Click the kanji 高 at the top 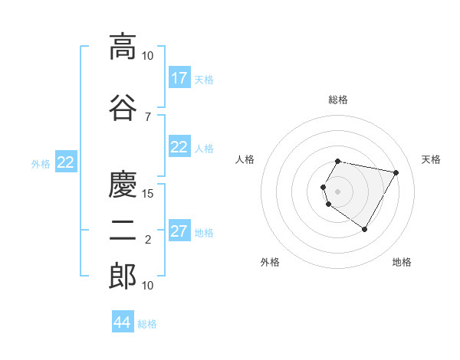(x=123, y=47)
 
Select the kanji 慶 (x=123, y=185)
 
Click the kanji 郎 (x=123, y=277)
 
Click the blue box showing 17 (x=179, y=78)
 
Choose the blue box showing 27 (x=179, y=231)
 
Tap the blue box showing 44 (x=122, y=322)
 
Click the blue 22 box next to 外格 (x=65, y=162)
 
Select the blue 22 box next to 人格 (x=179, y=147)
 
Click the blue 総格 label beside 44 (x=147, y=324)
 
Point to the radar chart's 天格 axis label (x=431, y=159)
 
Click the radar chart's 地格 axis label (x=402, y=262)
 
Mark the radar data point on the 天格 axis (x=396, y=172)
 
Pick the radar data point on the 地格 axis (x=364, y=229)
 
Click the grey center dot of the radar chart (x=337, y=191)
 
